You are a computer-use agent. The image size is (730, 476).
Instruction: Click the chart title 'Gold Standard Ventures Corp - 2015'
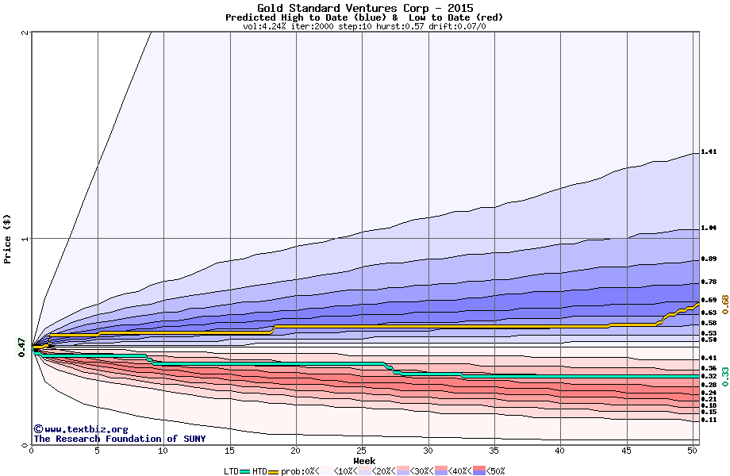point(364,8)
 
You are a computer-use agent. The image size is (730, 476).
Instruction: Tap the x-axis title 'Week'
point(364,461)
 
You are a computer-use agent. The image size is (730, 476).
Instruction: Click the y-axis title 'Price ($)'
point(8,239)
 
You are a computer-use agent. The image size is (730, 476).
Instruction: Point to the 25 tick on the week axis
point(362,451)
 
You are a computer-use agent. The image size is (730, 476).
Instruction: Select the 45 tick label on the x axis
point(626,451)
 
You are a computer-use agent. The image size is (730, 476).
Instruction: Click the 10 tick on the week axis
point(163,451)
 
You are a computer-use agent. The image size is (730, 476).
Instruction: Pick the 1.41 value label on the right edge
point(709,152)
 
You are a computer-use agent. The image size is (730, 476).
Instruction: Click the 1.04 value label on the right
point(709,228)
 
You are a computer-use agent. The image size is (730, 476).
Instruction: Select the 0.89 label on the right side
point(709,259)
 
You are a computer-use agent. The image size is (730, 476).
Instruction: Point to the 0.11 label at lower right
point(709,420)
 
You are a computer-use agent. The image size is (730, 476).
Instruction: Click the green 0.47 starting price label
point(22,347)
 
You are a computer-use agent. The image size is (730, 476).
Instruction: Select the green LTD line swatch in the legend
point(245,471)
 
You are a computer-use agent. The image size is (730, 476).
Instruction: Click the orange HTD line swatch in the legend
point(275,471)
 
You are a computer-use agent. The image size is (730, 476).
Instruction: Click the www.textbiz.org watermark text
point(75,429)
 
